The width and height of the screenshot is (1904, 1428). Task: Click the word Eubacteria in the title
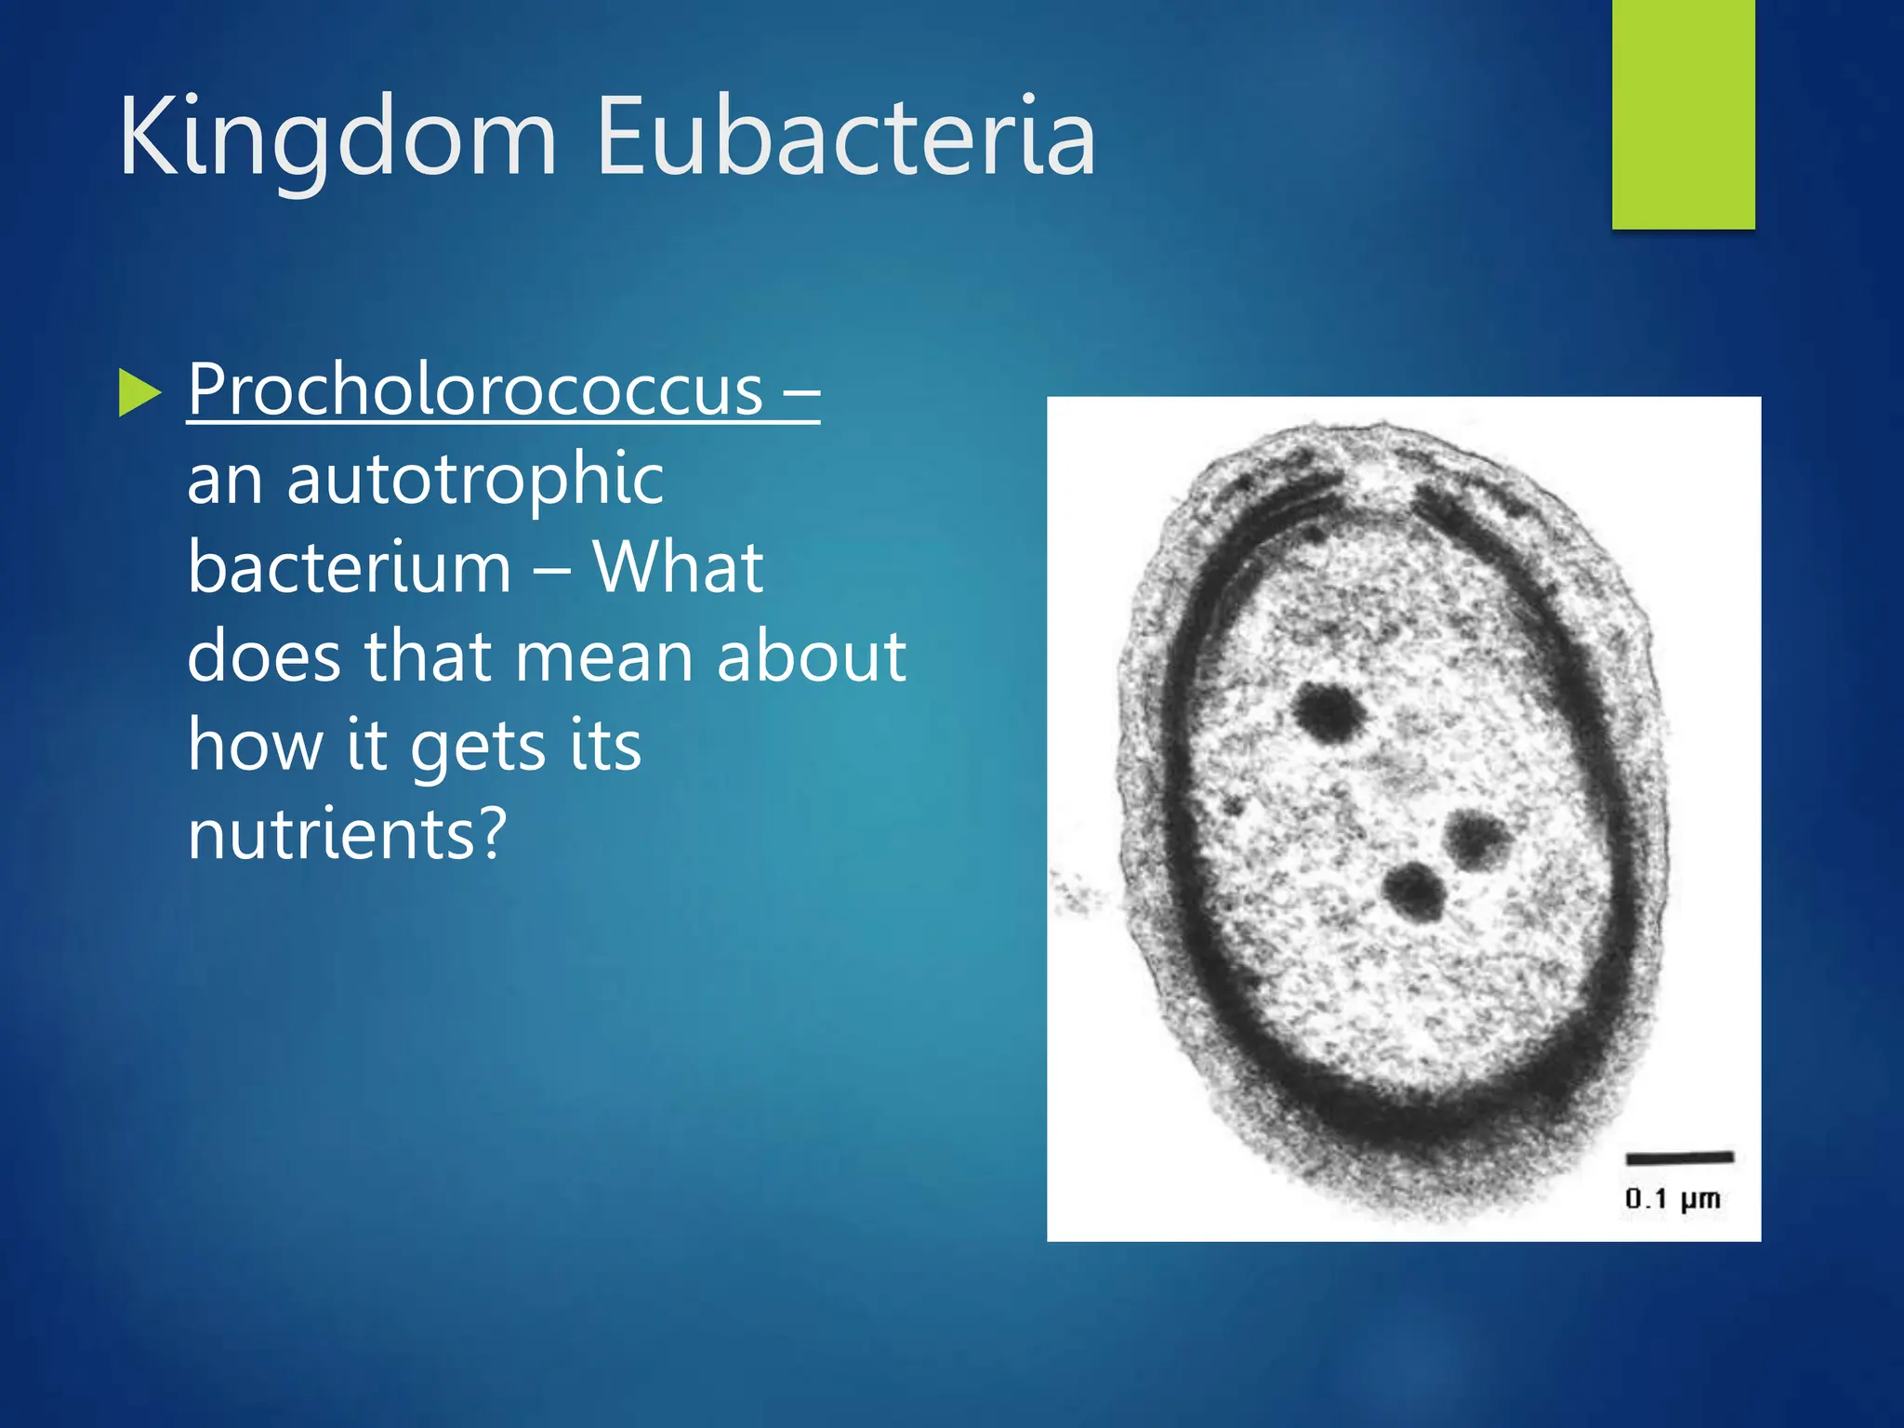pyautogui.click(x=846, y=138)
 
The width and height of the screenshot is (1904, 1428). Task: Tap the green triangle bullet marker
pyautogui.click(x=139, y=392)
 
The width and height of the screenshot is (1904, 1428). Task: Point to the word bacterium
pyautogui.click(x=349, y=567)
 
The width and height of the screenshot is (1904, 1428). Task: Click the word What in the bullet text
pyautogui.click(x=678, y=567)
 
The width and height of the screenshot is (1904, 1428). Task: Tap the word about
pyautogui.click(x=811, y=656)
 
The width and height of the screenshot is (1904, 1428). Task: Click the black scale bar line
pyautogui.click(x=1679, y=1157)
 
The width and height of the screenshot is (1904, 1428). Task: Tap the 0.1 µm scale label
pyautogui.click(x=1673, y=1199)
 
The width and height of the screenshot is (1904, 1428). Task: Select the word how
pyautogui.click(x=255, y=746)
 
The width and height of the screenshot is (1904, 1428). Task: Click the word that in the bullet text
pyautogui.click(x=427, y=656)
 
